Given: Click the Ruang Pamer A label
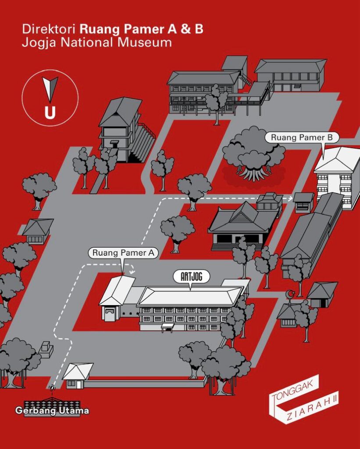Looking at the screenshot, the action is coord(123,253).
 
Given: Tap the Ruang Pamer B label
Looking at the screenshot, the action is coord(302,137).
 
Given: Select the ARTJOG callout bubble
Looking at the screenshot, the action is coord(191,277).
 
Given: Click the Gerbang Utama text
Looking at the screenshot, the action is coord(52,410).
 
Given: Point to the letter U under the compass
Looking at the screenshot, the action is coord(50,113).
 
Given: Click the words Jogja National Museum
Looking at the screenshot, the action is coord(97,43).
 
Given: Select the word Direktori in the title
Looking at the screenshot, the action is coord(49,29).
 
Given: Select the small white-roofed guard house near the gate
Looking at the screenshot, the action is coord(77,375).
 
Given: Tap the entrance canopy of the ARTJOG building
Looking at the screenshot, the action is coord(168,327).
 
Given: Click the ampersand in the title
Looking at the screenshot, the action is coord(185,29).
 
